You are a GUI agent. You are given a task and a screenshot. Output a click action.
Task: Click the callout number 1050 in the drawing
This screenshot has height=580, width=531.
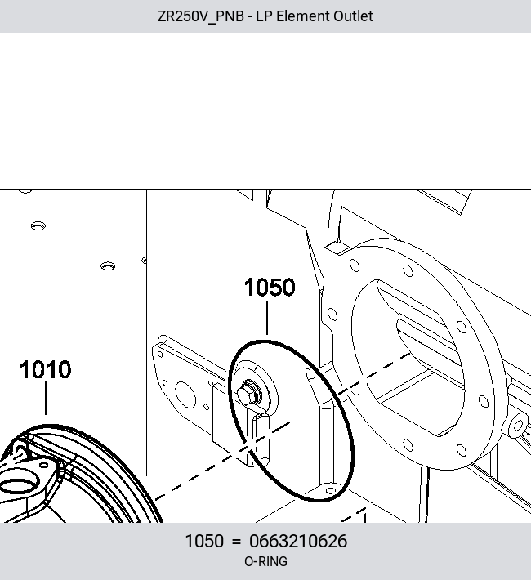pyautogui.click(x=270, y=288)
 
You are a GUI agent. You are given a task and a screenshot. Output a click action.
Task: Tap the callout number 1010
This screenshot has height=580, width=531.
pyautogui.click(x=46, y=369)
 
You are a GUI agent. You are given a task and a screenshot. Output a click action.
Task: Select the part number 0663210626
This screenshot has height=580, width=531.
pyautogui.click(x=298, y=541)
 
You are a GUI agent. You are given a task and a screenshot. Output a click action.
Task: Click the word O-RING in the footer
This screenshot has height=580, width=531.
pyautogui.click(x=265, y=561)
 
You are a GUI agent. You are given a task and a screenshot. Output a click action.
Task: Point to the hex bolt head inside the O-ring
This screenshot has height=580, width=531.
pyautogui.click(x=247, y=393)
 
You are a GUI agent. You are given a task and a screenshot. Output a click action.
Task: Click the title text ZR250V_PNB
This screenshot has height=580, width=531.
pyautogui.click(x=201, y=16)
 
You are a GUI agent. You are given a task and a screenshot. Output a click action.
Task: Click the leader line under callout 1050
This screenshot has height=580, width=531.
pyautogui.click(x=267, y=318)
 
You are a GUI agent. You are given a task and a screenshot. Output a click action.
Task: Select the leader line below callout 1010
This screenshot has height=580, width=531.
pyautogui.click(x=46, y=399)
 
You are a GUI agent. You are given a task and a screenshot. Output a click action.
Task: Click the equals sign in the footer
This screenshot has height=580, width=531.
pyautogui.click(x=236, y=542)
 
